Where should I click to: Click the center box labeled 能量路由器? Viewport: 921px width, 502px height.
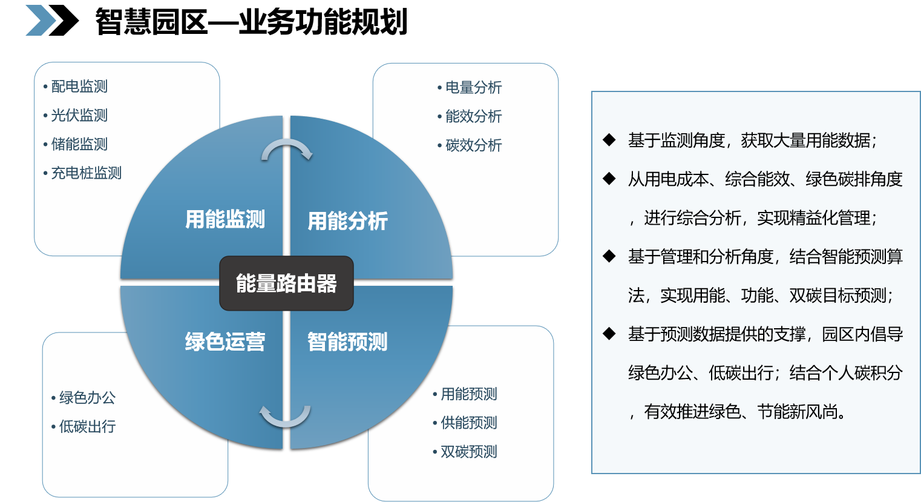[286, 283]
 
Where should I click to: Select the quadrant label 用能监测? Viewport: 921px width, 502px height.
[225, 219]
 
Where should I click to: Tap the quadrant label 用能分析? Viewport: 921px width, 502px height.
[347, 221]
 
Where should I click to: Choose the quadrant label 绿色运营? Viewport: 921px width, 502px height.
[225, 342]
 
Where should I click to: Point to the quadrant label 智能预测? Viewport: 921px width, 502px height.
[347, 342]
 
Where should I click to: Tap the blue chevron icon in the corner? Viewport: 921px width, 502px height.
[41, 21]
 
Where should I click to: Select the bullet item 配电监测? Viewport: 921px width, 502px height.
[79, 87]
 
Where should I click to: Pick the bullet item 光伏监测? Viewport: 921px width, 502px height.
[79, 116]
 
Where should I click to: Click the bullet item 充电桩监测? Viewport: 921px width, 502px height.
[86, 173]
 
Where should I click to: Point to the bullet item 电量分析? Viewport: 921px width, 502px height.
[473, 88]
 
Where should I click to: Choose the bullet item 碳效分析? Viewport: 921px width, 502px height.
[473, 145]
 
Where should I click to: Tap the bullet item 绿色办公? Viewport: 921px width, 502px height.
[87, 398]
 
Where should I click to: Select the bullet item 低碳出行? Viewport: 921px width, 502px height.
[87, 427]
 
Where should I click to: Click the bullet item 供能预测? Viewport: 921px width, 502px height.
[468, 423]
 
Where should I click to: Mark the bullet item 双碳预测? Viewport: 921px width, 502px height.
[468, 452]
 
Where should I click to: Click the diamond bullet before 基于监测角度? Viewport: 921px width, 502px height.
[609, 140]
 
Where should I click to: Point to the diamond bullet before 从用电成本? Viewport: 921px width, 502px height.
[609, 179]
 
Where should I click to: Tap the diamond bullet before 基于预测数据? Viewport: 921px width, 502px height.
[609, 334]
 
